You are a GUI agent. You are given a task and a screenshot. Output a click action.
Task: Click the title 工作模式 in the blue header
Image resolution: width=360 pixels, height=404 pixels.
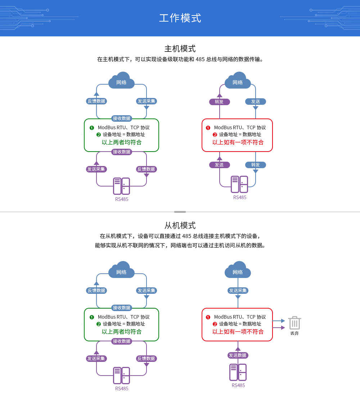pos(180,18)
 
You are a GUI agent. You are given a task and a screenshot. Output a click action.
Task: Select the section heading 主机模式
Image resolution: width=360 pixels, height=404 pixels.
pos(180,49)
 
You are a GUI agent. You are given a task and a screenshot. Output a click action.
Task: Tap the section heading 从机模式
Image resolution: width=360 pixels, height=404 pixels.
pos(180,225)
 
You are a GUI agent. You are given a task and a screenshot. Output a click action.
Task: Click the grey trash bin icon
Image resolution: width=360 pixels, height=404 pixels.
pos(294,323)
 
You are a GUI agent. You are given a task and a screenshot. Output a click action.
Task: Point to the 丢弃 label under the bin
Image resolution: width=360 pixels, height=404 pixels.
pos(294,333)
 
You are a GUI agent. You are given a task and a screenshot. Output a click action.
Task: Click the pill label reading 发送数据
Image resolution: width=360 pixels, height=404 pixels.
pos(238,355)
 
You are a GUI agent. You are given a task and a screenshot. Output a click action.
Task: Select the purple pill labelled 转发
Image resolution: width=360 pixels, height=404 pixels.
pos(219,102)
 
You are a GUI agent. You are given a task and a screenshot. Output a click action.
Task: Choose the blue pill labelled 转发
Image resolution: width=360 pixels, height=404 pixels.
pos(256,165)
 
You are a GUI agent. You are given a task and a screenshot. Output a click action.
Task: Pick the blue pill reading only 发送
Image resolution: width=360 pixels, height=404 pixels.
pos(256,102)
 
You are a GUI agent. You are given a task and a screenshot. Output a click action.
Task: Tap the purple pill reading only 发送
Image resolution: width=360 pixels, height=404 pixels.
pos(219,165)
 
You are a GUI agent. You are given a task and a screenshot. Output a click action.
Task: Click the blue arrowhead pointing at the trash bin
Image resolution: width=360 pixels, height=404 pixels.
pos(283,320)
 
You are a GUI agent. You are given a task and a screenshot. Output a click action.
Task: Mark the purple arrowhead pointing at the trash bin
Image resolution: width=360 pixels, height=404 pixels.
pos(283,328)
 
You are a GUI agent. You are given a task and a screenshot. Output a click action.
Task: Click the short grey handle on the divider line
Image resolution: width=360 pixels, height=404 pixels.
pos(180,212)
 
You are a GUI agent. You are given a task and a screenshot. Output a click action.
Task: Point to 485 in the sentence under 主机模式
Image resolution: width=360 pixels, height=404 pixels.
pos(200,59)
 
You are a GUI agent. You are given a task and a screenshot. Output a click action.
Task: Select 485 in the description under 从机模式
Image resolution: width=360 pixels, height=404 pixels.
pos(186,236)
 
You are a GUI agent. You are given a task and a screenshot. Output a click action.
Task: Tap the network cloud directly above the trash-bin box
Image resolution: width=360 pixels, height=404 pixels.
pos(238,270)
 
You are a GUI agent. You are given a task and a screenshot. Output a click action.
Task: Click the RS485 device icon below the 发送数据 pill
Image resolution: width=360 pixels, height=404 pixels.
pos(238,372)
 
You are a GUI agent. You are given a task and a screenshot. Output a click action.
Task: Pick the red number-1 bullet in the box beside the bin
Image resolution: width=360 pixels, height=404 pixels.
pos(208,317)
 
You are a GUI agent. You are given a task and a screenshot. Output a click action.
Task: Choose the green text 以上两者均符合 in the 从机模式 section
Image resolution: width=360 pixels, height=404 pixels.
pos(122,332)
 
